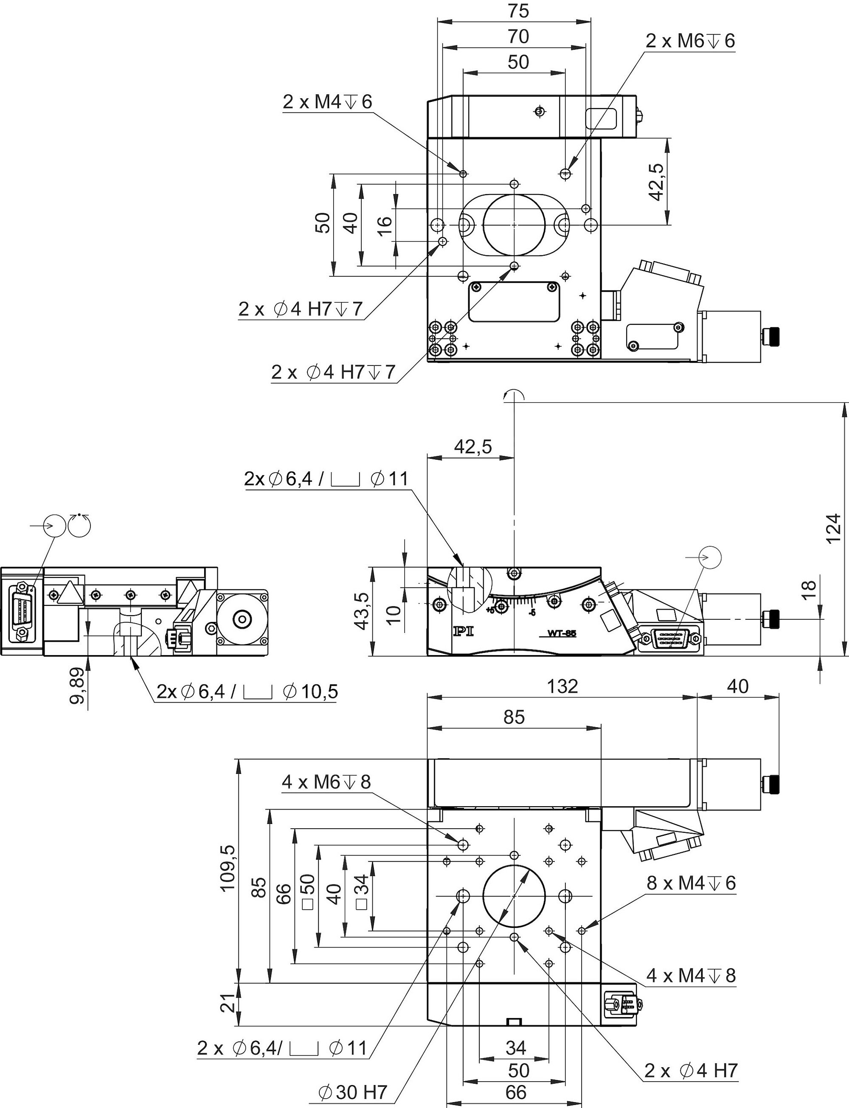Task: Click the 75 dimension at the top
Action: (518, 11)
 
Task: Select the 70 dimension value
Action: (518, 37)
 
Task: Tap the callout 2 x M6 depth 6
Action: (690, 41)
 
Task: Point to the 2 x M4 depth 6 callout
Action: (327, 102)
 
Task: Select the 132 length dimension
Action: (562, 686)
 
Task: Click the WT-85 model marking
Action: (562, 633)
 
